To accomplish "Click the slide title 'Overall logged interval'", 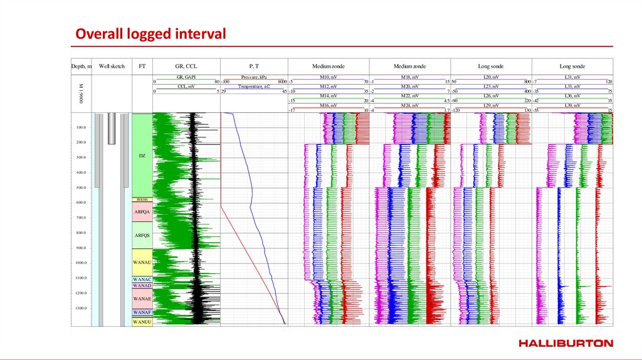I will [150, 34].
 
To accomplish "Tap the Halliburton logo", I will [566, 343].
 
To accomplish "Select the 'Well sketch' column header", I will [112, 66].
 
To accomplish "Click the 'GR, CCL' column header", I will [187, 66].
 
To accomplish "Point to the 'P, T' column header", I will [254, 66].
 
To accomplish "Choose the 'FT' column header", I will [142, 66].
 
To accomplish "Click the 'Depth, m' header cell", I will [82, 66].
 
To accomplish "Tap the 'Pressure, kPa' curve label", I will [254, 77].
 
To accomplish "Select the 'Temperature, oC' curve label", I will [254, 86].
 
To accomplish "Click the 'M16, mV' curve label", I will [329, 105].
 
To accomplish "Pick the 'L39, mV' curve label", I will [572, 105].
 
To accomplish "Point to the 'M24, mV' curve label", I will [410, 105].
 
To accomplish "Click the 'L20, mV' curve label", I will [491, 77].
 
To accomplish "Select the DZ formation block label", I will [142, 155].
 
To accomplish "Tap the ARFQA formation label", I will [142, 212].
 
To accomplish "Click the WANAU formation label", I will [142, 262].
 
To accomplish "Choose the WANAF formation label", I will [142, 312].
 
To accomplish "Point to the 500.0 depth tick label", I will [81, 188].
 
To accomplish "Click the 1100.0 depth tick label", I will [81, 278].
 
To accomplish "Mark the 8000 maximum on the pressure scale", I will [282, 82].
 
